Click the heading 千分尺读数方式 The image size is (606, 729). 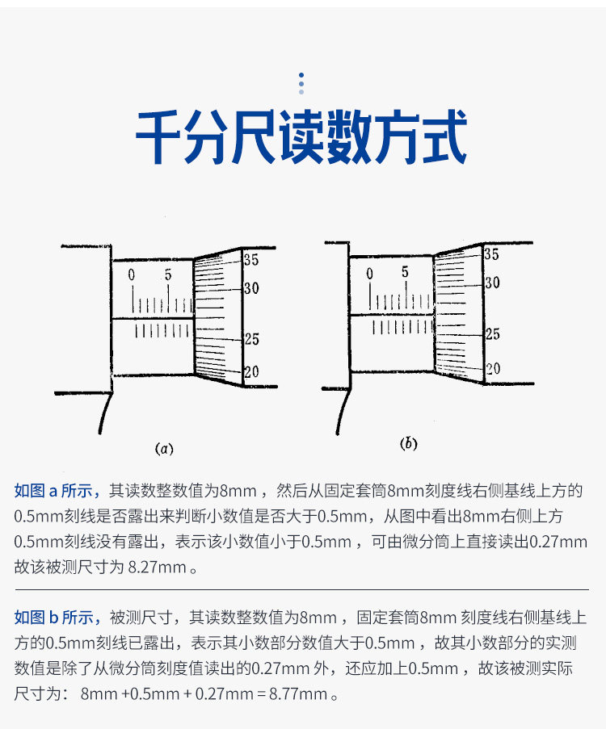(x=301, y=139)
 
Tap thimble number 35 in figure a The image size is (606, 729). (x=251, y=260)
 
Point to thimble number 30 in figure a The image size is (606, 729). (x=251, y=288)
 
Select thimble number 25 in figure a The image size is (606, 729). (x=251, y=340)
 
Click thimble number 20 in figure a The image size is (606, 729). (x=251, y=372)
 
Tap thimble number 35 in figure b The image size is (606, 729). (x=491, y=254)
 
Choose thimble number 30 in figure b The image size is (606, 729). (x=492, y=283)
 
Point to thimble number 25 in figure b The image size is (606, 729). (x=492, y=334)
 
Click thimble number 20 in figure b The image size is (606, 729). (x=492, y=368)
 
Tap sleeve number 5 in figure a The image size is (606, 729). (x=168, y=275)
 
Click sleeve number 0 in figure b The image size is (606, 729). (x=369, y=274)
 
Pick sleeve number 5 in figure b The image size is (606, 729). (x=405, y=272)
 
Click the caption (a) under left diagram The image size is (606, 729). (x=164, y=448)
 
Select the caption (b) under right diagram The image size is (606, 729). (x=409, y=443)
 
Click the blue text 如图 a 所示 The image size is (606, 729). (x=57, y=490)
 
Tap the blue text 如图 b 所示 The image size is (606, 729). (x=57, y=618)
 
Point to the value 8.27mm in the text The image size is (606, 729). (x=158, y=567)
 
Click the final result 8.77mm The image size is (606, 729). (x=301, y=693)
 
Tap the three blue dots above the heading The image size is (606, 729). (x=301, y=82)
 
